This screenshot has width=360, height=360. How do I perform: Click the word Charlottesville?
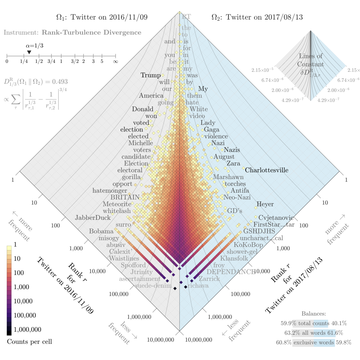pos(266,170)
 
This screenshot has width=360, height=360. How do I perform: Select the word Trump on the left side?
pos(151,75)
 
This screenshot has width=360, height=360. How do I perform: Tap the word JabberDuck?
pos(93,218)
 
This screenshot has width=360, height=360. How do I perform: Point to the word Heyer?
pos(265,204)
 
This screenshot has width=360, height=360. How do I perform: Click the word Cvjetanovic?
pos(276,218)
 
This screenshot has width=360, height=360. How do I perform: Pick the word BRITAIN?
pos(125,197)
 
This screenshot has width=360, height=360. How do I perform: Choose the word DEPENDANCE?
pos(231,272)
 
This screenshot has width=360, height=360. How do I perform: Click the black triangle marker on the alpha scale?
pos(29,52)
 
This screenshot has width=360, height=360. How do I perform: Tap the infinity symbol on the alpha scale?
pos(115,61)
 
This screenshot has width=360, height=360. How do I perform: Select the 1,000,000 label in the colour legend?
pos(27,329)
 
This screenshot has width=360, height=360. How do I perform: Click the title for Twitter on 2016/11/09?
pos(102,17)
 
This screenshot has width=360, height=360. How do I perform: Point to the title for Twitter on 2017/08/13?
pos(257,17)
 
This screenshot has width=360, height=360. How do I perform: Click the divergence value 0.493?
pos(60,82)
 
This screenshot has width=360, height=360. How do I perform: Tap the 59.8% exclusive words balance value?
pos(343,343)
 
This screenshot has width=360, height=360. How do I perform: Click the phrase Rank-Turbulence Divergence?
pos(91,32)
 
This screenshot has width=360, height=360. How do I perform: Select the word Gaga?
pos(211,130)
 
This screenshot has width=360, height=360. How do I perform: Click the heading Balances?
pos(313,314)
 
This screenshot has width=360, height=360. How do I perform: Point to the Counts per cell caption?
pos(29,342)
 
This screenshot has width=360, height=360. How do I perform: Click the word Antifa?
pos(240,190)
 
